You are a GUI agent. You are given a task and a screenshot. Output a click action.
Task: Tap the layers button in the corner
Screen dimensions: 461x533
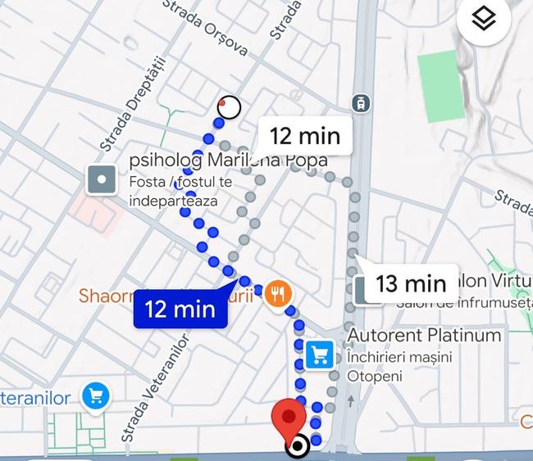pyautogui.click(x=484, y=19)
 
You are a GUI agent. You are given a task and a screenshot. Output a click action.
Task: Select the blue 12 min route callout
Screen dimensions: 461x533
pyautogui.click(x=180, y=309)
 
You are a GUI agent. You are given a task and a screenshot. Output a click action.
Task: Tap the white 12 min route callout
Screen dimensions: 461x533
pyautogui.click(x=305, y=136)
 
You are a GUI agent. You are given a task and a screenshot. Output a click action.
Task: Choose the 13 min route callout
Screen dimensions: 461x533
pyautogui.click(x=410, y=283)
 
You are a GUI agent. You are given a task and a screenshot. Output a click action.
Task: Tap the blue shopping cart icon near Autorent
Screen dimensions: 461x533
pyautogui.click(x=319, y=355)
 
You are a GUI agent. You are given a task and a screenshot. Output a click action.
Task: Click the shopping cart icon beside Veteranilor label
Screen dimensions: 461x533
pyautogui.click(x=97, y=397)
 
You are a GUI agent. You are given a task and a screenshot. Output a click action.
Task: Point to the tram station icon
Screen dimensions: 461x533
pyautogui.click(x=359, y=103)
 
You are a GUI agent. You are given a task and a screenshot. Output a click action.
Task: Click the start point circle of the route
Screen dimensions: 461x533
pyautogui.click(x=230, y=106)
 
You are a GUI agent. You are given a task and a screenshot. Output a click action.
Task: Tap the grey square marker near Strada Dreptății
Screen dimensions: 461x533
pyautogui.click(x=102, y=179)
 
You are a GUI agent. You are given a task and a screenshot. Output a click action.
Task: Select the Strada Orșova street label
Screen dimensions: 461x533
pyautogui.click(x=206, y=28)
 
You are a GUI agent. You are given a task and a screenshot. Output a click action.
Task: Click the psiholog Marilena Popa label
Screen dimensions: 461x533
pyautogui.click(x=227, y=160)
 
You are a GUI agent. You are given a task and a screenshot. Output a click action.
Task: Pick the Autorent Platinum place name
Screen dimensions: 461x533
pyautogui.click(x=424, y=336)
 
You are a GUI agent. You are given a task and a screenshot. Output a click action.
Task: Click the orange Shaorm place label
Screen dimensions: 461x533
pyautogui.click(x=107, y=296)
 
